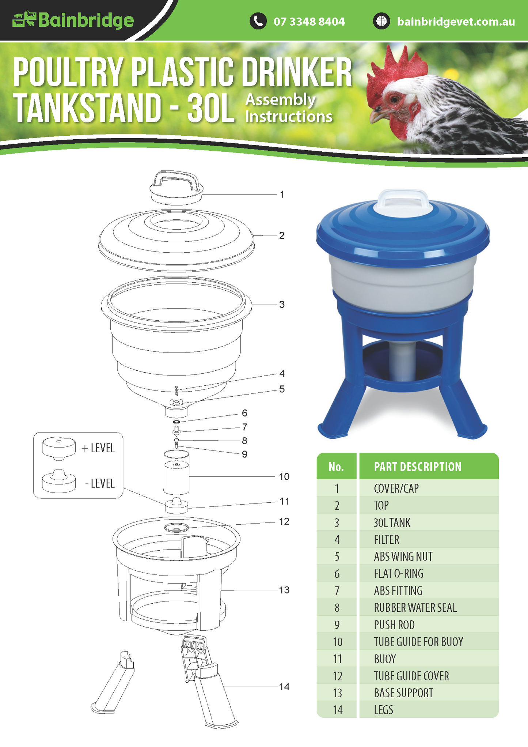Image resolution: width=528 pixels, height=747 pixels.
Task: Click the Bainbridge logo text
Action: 86,20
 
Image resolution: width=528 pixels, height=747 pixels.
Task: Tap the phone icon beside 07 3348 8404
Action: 258,21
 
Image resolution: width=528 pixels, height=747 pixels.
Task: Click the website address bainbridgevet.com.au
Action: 456,22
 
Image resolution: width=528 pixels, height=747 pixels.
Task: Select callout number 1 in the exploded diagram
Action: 282,194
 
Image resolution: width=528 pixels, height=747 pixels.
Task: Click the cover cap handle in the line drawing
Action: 176,180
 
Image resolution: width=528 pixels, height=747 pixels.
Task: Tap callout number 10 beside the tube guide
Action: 284,476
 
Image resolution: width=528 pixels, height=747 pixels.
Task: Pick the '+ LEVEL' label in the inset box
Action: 98,448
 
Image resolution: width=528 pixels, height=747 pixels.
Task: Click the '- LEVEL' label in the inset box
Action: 100,483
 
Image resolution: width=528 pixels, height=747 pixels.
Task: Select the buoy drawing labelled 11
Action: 176,505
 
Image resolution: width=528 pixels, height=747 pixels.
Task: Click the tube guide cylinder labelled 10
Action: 176,472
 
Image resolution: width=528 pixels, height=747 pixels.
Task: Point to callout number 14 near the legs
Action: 284,687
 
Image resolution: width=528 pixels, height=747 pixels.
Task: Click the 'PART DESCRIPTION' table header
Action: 418,467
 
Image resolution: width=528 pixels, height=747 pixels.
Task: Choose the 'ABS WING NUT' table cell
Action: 403,557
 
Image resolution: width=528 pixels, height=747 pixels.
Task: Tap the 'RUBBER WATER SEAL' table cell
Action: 415,608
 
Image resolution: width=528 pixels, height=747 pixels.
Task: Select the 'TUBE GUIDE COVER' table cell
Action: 411,676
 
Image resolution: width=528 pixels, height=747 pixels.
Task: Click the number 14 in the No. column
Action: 338,710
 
